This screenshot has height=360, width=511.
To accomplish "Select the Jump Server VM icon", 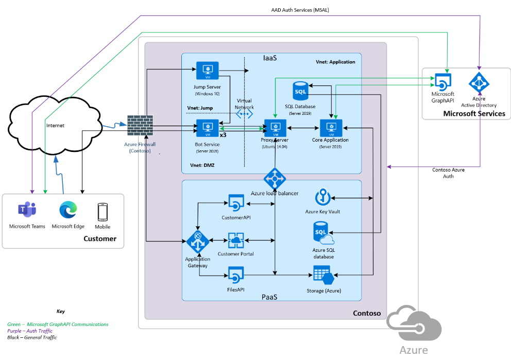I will tap(208, 71).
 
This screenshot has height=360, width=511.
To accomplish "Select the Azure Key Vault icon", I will tap(322, 198).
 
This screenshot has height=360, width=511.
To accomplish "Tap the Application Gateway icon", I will tap(197, 242).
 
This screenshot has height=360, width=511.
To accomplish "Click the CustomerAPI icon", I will tap(236, 202).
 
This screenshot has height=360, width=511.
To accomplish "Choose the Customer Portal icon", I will tap(236, 240).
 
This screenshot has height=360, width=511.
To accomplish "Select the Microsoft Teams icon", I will tap(27, 210).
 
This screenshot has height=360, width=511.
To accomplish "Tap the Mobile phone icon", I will tap(103, 212).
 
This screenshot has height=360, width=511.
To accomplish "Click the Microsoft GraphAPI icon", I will tap(443, 81).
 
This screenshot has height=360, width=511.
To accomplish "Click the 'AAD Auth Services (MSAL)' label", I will tap(293, 10).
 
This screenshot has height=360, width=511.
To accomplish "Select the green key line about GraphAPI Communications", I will tap(58, 324).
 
